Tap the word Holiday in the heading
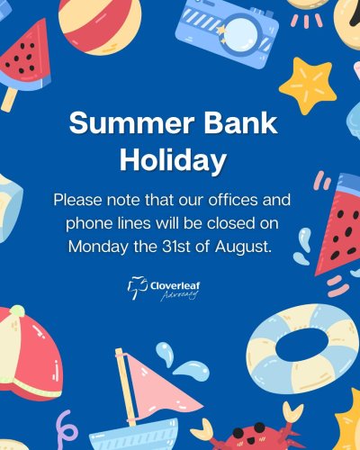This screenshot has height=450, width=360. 173,160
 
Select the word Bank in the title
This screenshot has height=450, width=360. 241,122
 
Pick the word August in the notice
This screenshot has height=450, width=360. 243,247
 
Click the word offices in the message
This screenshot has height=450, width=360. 233,200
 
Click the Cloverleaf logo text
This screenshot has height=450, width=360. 175,285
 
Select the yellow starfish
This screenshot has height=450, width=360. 308,85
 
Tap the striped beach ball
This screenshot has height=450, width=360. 100,24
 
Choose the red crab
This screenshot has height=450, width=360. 252,434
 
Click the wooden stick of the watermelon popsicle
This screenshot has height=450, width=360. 8,99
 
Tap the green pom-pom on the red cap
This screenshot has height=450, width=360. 17,311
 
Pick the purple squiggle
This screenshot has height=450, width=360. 67,430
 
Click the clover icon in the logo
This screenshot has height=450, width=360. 138,288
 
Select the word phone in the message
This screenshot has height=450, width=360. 87,224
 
